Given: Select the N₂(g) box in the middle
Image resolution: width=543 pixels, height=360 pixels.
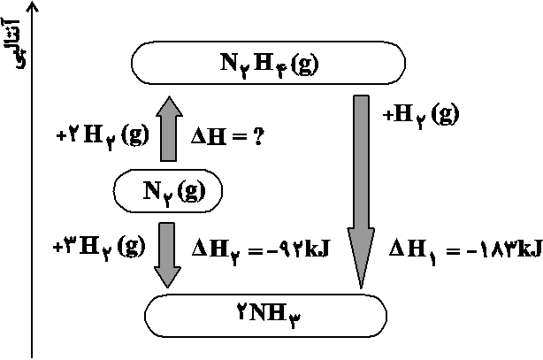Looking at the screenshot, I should tap(168, 190).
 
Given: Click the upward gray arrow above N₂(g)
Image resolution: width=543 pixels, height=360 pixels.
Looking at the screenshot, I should tap(169, 129).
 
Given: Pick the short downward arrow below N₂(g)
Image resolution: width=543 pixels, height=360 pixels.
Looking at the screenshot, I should tap(168, 253).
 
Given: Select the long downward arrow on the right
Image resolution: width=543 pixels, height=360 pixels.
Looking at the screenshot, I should tap(361, 186).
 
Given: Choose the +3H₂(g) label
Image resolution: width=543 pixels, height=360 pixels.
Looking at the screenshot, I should tap(98, 248).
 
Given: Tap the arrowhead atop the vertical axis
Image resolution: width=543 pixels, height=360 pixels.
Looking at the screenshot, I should tap(33, 7).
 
